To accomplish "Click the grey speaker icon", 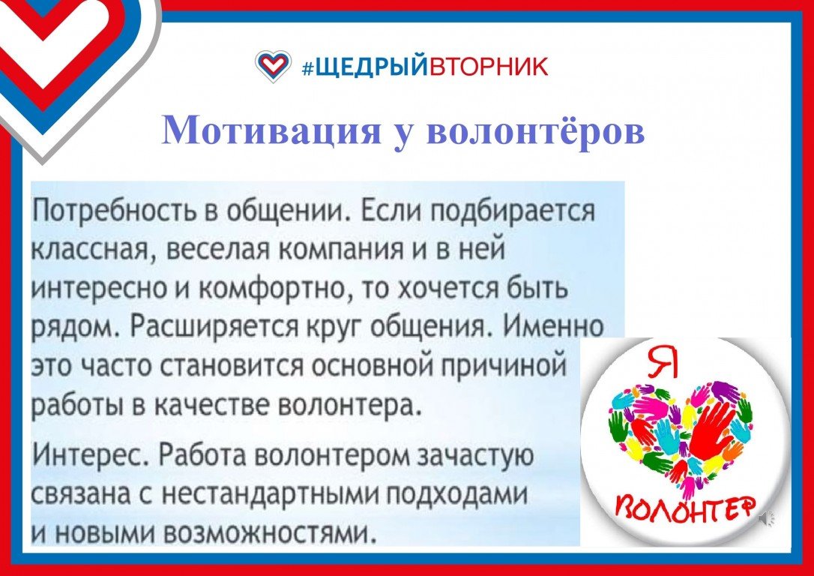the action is tap(767, 518).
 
